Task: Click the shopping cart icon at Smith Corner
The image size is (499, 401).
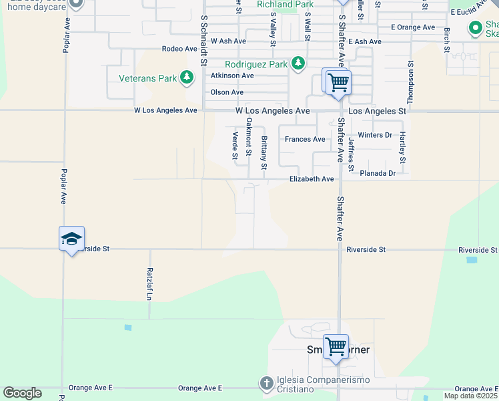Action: click(x=336, y=346)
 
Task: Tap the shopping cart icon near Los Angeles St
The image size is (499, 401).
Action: click(x=337, y=82)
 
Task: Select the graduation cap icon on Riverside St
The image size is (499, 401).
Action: click(x=72, y=239)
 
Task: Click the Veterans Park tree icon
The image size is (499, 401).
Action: click(x=187, y=78)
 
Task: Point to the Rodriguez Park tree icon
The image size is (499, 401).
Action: click(x=298, y=64)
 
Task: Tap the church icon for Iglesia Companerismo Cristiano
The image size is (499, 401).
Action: click(x=266, y=383)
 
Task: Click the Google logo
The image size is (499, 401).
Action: click(x=22, y=392)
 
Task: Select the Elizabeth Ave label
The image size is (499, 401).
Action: click(x=311, y=179)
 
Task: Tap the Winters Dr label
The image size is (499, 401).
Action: click(x=375, y=135)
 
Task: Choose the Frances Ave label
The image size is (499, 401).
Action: click(x=305, y=139)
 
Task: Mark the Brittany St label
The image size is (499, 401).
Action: click(x=264, y=152)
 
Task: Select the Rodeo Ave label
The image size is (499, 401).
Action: click(x=180, y=49)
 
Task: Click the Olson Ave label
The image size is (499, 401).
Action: click(x=227, y=92)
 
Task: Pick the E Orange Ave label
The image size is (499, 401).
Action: click(x=412, y=27)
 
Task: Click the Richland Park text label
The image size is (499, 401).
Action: click(x=285, y=5)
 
